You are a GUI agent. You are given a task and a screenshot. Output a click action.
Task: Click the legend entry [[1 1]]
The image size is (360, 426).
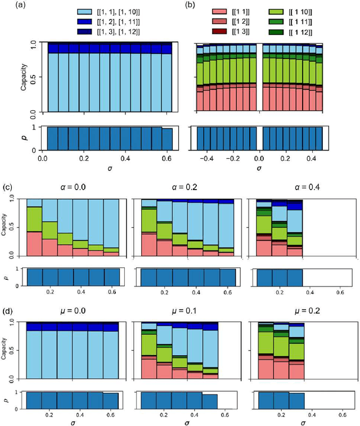coord(233,11)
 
